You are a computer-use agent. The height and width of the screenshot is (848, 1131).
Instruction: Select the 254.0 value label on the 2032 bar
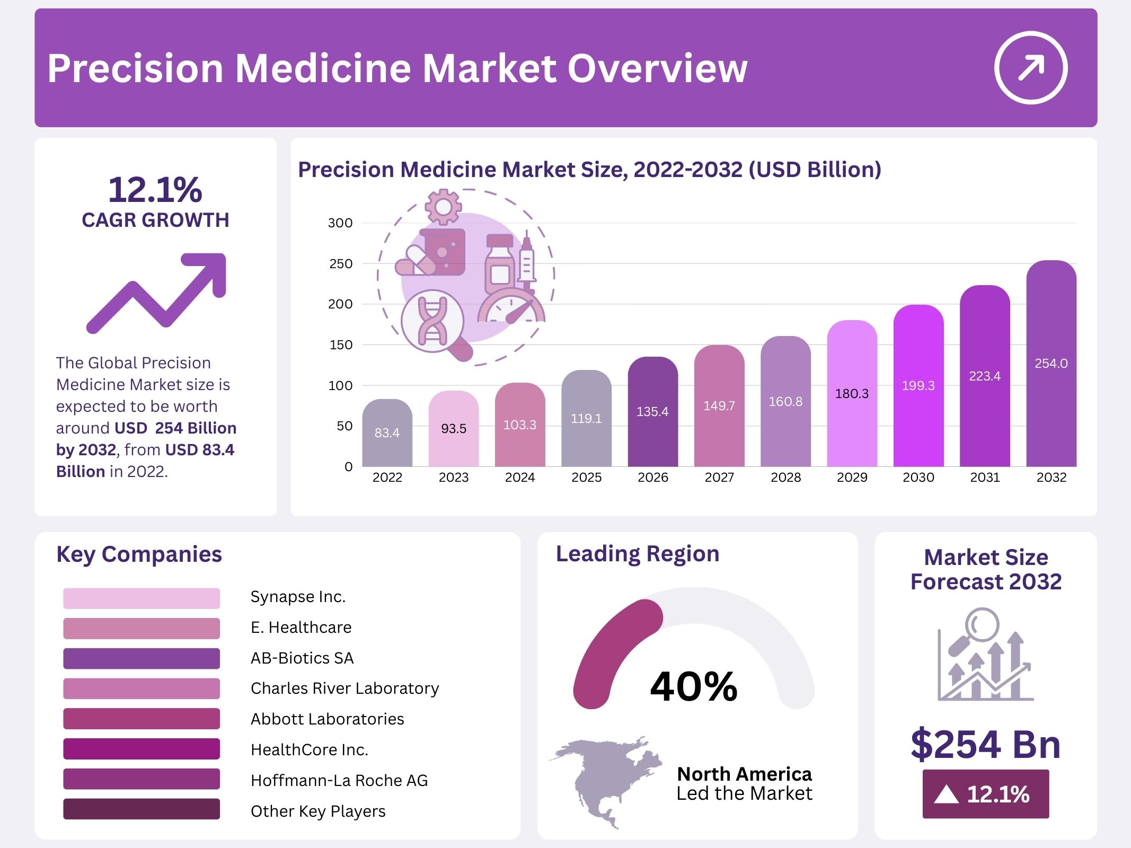(x=1051, y=364)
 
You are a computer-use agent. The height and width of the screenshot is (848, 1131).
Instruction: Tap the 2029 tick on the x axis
(x=852, y=478)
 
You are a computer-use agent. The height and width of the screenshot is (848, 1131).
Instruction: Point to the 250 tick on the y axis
(x=340, y=264)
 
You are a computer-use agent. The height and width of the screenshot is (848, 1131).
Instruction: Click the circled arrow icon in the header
(x=1030, y=68)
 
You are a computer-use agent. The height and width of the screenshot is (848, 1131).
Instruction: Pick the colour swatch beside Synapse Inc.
(x=141, y=598)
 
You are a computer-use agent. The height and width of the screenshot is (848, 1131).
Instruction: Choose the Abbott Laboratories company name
(x=327, y=719)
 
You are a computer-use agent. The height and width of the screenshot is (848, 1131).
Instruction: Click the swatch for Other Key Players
(x=141, y=809)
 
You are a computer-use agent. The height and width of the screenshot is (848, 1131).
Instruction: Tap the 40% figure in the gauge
(x=694, y=686)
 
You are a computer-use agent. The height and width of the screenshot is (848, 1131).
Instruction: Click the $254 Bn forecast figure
(x=985, y=744)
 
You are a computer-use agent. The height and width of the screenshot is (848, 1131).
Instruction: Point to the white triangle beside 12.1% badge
(x=946, y=794)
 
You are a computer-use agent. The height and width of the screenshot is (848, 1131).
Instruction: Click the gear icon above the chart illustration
(x=443, y=207)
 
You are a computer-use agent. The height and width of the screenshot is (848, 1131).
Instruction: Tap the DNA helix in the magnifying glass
(x=432, y=321)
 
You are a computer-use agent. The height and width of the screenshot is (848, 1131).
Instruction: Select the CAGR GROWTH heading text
(x=155, y=220)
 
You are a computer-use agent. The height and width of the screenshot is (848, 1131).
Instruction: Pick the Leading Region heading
(x=638, y=554)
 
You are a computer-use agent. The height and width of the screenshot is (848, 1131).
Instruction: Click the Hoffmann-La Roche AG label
(x=339, y=781)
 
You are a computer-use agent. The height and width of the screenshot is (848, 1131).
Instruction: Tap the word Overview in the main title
(x=657, y=69)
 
